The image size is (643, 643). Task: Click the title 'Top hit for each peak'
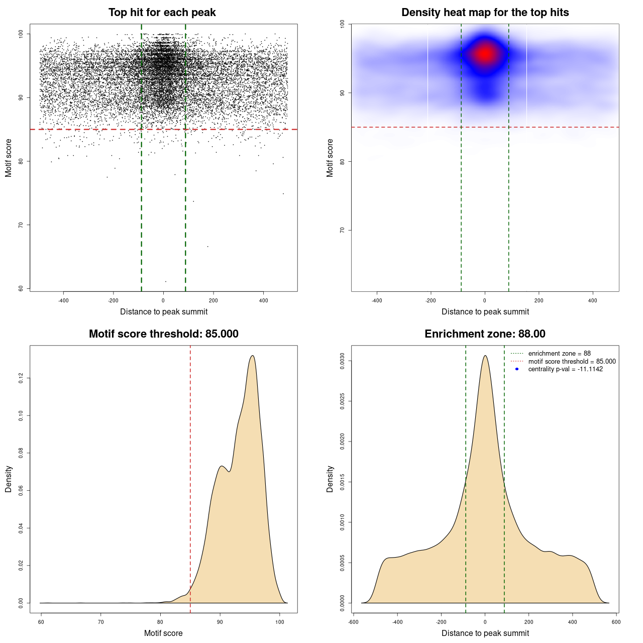[162, 13]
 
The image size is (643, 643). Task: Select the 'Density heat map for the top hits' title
[485, 13]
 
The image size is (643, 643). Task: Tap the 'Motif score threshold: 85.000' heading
[163, 334]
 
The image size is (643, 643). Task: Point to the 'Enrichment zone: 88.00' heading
[485, 334]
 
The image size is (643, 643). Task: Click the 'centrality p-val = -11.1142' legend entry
[565, 369]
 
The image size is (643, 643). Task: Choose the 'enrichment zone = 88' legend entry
[559, 354]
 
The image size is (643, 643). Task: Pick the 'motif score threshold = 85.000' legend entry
[572, 361]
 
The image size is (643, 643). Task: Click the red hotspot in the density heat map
[485, 53]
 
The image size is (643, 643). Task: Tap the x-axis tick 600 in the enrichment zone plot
[616, 622]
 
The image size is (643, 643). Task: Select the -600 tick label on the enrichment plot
[353, 622]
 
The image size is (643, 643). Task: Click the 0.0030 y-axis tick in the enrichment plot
[343, 361]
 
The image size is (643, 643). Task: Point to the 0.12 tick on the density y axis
[21, 378]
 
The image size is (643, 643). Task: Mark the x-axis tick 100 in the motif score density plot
[280, 622]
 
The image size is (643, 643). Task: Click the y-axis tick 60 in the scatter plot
[21, 288]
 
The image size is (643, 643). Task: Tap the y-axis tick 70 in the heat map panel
[343, 230]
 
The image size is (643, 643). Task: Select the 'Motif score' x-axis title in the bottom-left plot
[163, 633]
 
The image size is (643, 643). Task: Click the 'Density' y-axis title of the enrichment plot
[330, 479]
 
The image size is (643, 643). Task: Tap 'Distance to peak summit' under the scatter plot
[164, 311]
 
